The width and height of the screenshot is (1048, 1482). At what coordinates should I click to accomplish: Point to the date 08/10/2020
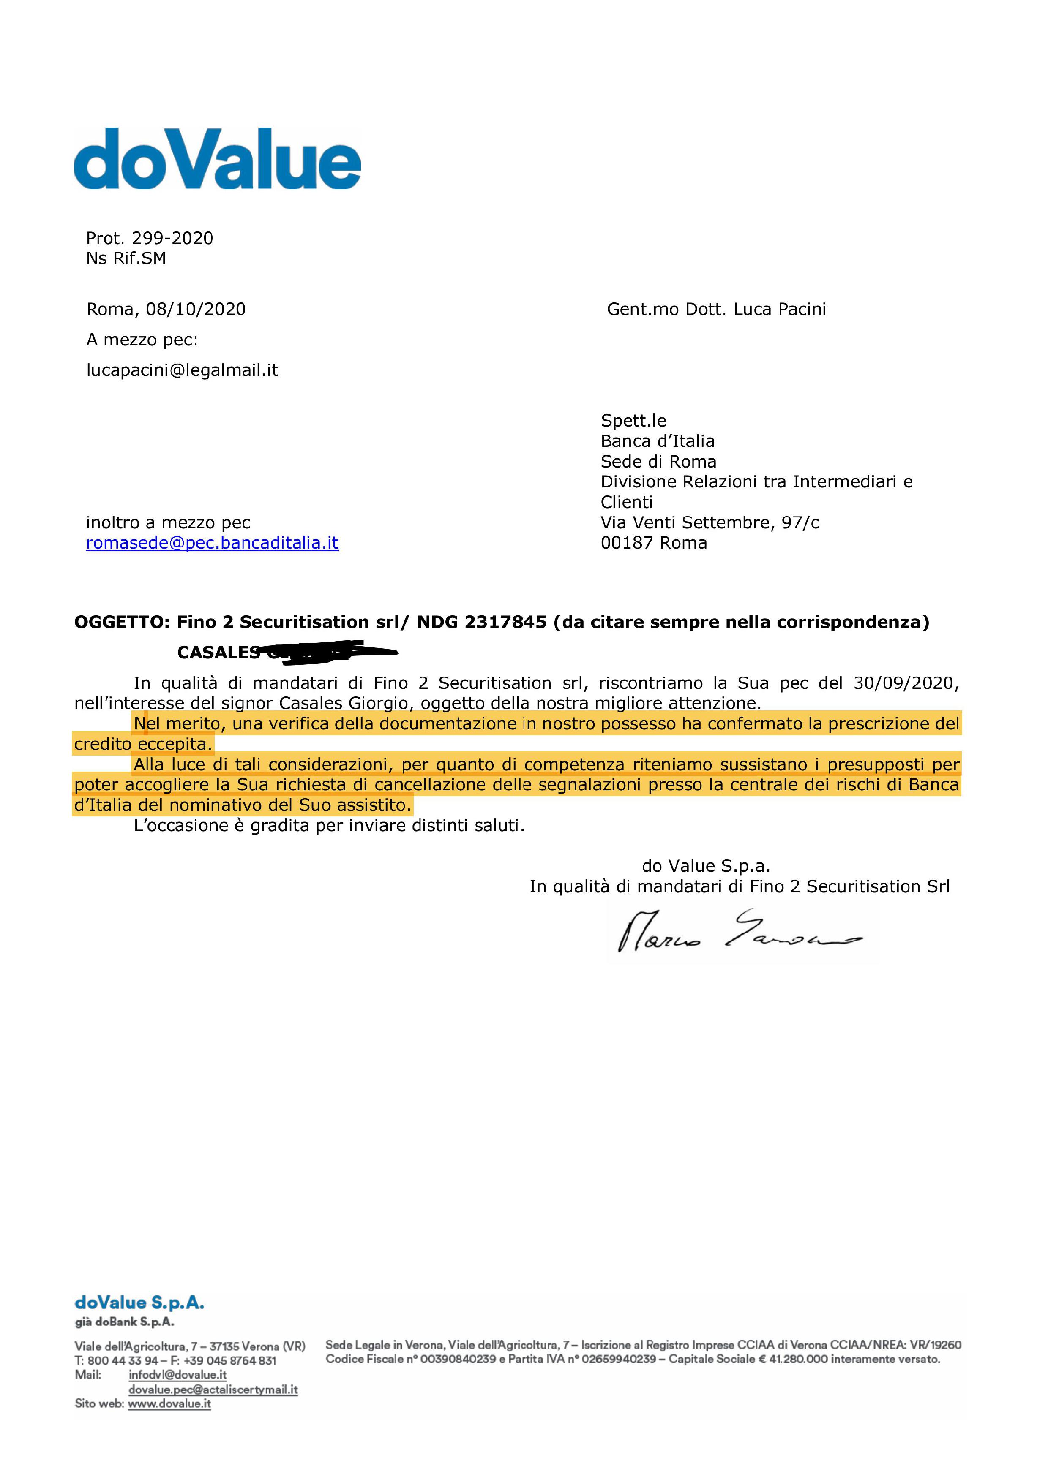pos(196,309)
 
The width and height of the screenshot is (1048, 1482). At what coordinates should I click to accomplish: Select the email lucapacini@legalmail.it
pos(182,370)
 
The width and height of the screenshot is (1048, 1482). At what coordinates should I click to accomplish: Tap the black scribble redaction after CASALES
pos(329,651)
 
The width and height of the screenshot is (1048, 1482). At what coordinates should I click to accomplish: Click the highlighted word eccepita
pos(174,744)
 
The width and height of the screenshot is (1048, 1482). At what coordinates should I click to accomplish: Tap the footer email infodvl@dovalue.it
pos(177,1375)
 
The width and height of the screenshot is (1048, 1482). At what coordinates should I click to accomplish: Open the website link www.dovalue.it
pos(169,1403)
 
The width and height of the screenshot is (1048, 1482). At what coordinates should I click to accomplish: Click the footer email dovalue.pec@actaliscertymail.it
pos(213,1389)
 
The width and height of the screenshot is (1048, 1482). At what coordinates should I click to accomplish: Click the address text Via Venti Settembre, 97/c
pos(710,522)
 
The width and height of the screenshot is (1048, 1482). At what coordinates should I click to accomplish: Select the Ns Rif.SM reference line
pos(126,258)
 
